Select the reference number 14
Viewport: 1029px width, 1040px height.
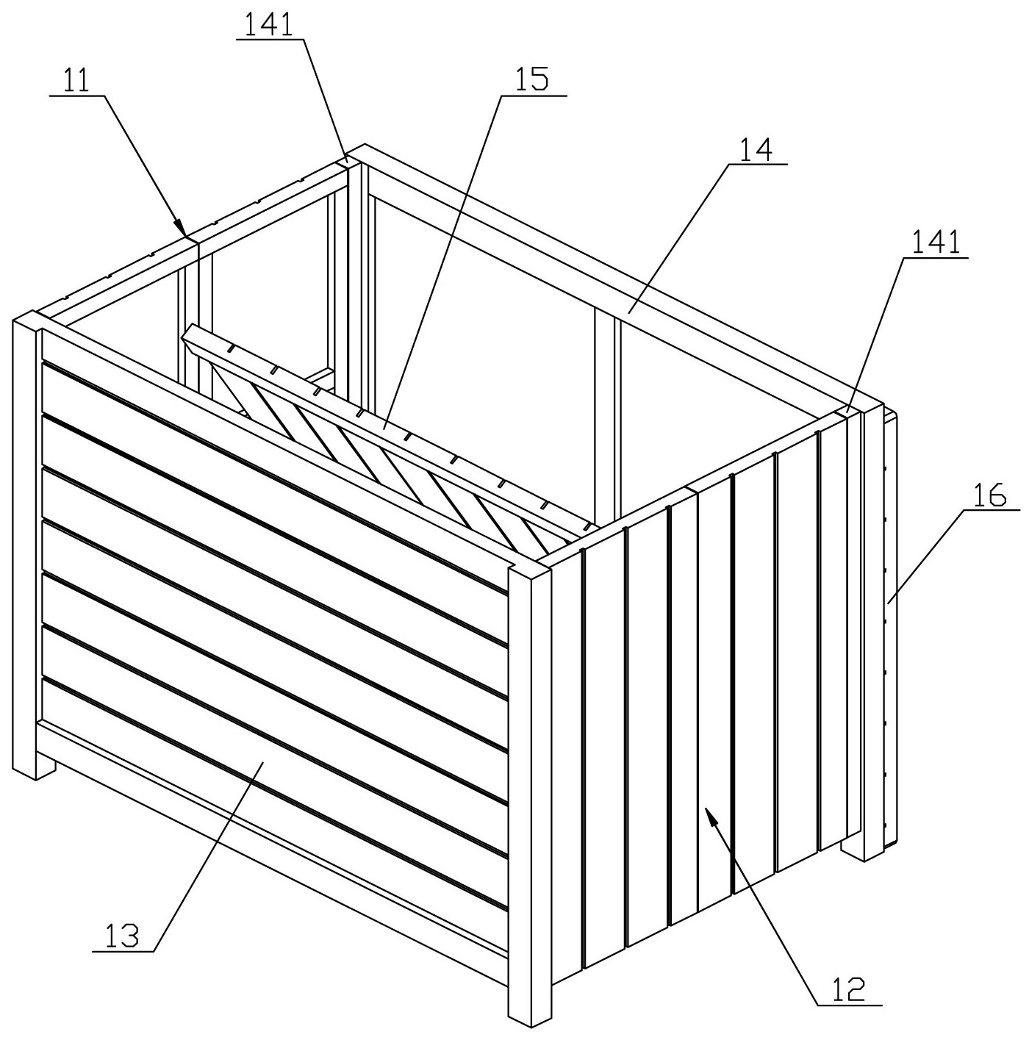[x=756, y=150]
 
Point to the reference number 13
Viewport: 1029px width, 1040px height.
[x=123, y=938]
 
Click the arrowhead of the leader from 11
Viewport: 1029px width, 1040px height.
[x=179, y=227]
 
